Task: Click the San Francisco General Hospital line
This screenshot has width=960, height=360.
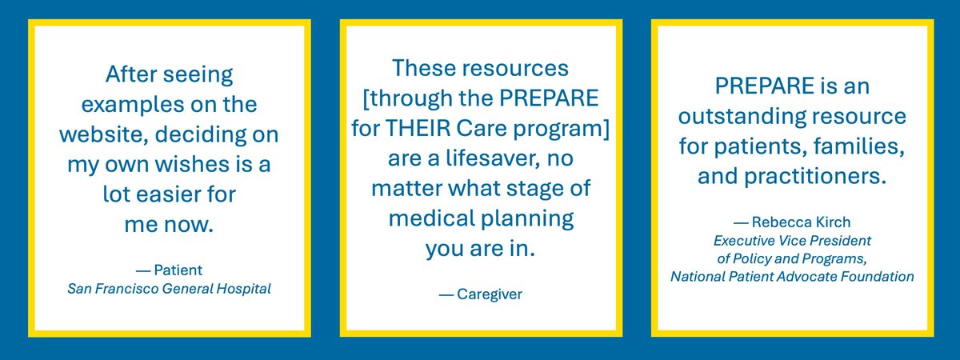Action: pyautogui.click(x=170, y=288)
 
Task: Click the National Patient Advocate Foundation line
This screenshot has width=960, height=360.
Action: pyautogui.click(x=791, y=277)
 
